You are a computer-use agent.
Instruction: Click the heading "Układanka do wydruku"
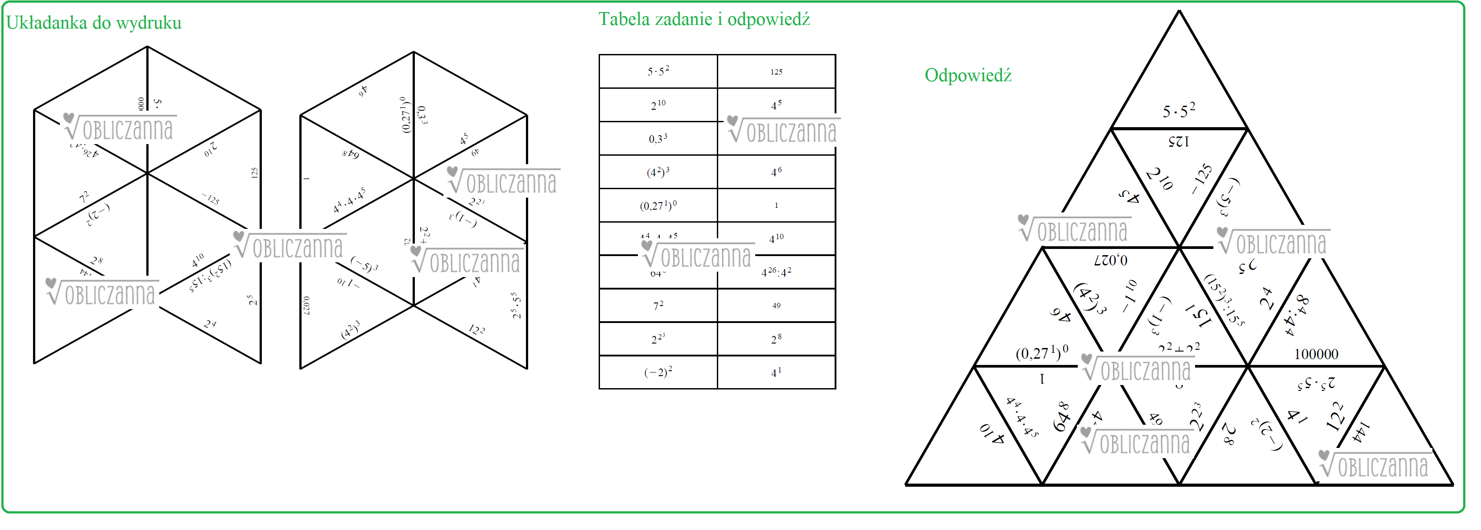pyautogui.click(x=94, y=23)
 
